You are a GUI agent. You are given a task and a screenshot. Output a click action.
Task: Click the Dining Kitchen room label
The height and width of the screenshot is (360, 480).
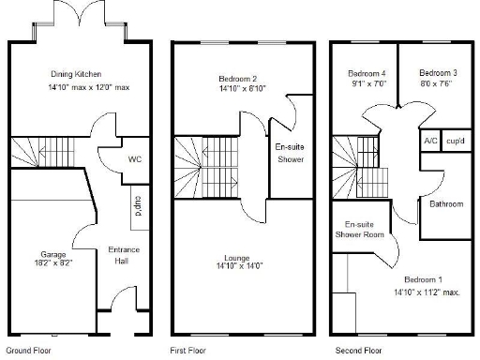point(75,74)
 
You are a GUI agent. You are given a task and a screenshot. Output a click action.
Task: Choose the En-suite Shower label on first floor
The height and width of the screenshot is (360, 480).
point(288,153)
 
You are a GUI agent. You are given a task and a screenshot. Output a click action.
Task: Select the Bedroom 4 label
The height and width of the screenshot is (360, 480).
point(367,73)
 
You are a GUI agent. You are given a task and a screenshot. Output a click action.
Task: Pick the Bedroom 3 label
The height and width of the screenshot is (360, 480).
point(438,73)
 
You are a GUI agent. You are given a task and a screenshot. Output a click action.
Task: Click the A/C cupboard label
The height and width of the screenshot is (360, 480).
point(430,141)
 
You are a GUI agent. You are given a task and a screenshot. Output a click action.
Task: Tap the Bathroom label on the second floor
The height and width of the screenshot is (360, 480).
point(446,203)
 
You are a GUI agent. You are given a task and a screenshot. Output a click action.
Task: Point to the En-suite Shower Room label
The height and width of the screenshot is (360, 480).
point(360,230)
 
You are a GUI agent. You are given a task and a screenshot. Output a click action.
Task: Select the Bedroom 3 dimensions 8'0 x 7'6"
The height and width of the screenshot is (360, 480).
point(438,83)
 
